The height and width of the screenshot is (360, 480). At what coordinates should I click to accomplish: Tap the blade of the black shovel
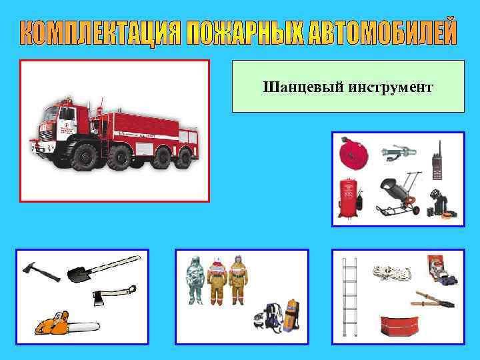(x=77, y=274)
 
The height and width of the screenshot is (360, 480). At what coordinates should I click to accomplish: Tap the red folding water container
(x=398, y=325)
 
